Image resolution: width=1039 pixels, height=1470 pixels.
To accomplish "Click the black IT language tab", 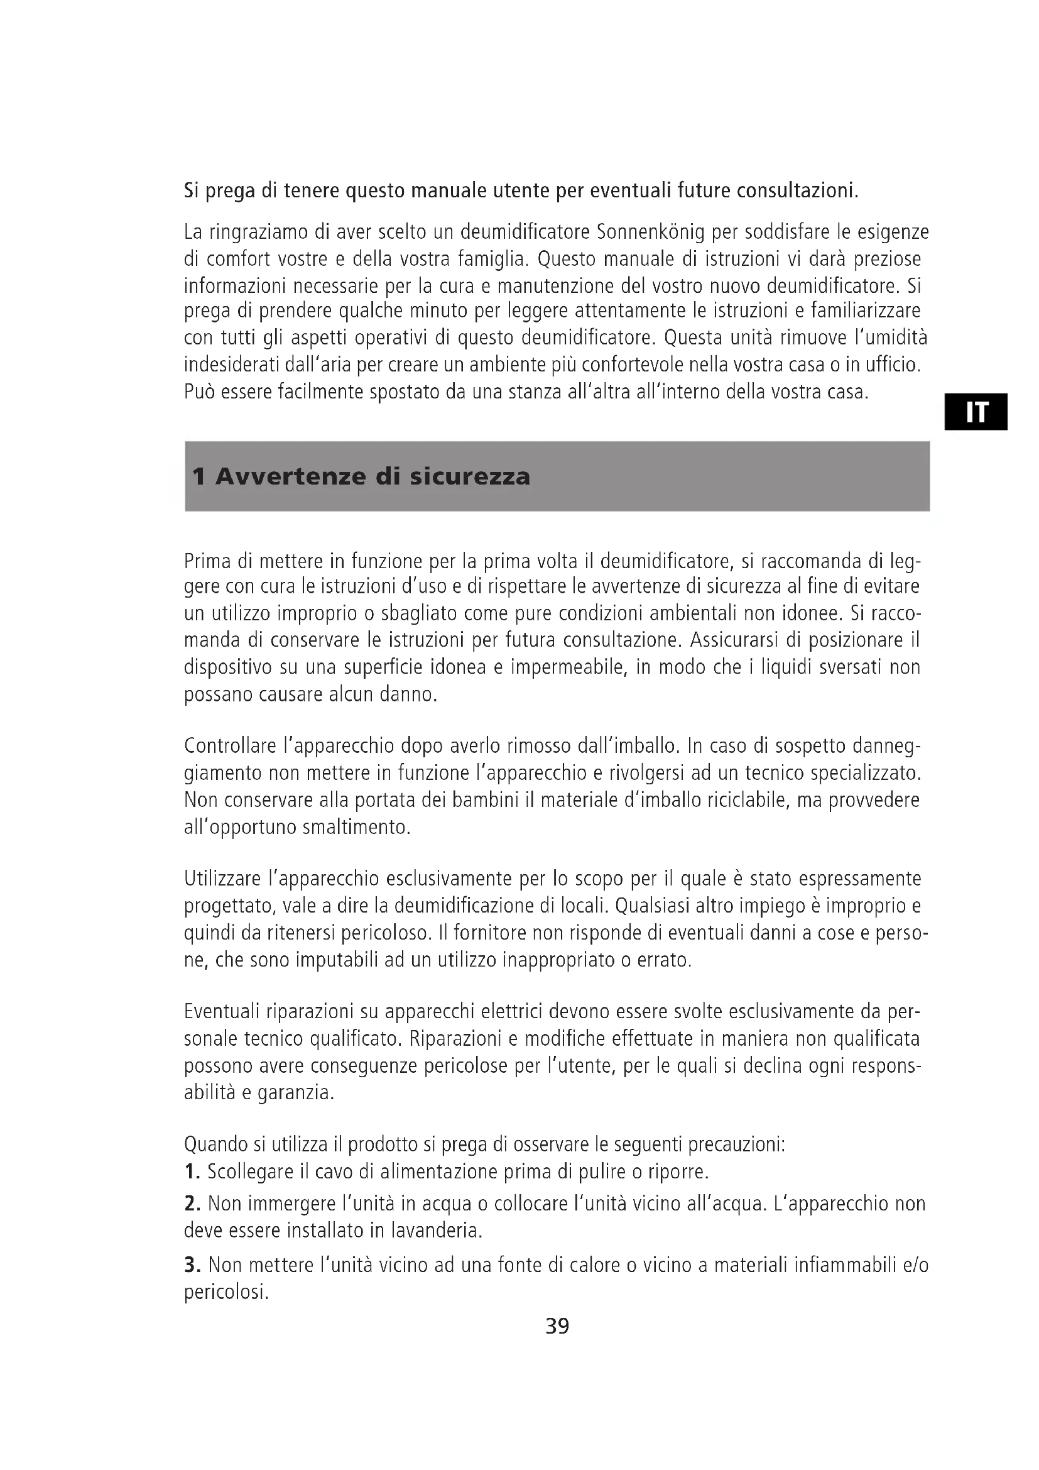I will click(976, 412).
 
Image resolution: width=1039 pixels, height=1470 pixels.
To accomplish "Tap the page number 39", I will click(557, 1325).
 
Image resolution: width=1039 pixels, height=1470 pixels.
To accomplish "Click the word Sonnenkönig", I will click(650, 232).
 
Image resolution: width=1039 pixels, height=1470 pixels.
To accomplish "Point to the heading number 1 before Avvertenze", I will click(199, 477).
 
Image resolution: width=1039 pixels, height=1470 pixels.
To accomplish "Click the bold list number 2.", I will click(192, 1204).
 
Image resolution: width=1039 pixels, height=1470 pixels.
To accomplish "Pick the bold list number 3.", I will click(192, 1265).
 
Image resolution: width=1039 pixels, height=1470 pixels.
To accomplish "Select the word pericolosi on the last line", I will click(226, 1292).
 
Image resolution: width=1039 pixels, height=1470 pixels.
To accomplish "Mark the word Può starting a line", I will click(199, 391).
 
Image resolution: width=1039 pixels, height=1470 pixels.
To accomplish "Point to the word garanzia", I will click(295, 1092).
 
